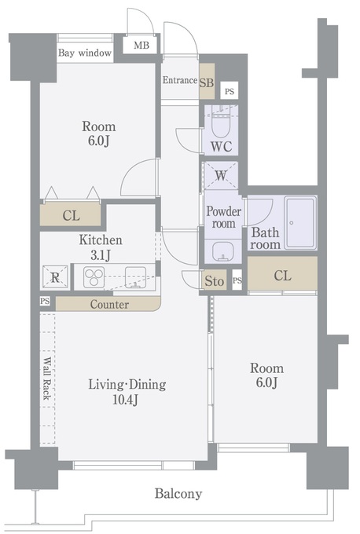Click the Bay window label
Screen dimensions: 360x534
coord(85,53)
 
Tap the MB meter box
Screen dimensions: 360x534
coord(140,45)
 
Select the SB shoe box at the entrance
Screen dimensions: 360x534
coord(207,82)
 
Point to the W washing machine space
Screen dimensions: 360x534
coord(221,175)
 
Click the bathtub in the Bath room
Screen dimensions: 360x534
coord(300,222)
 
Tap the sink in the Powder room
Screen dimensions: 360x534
coord(223,251)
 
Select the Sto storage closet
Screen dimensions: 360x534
coord(214,281)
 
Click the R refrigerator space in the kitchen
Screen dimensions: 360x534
coord(55,277)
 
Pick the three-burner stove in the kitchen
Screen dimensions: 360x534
coord(94,277)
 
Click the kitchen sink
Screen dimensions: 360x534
coord(135,276)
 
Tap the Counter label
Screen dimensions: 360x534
coord(109,304)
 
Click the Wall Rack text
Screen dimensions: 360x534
coord(46,379)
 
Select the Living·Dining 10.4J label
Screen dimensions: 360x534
coord(127,392)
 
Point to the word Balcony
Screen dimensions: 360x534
coord(178,493)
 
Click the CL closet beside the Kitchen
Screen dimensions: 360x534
coord(71,215)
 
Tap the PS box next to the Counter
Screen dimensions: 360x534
coord(45,301)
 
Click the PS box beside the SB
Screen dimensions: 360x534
coord(230,91)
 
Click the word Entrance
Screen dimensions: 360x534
coord(180,80)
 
